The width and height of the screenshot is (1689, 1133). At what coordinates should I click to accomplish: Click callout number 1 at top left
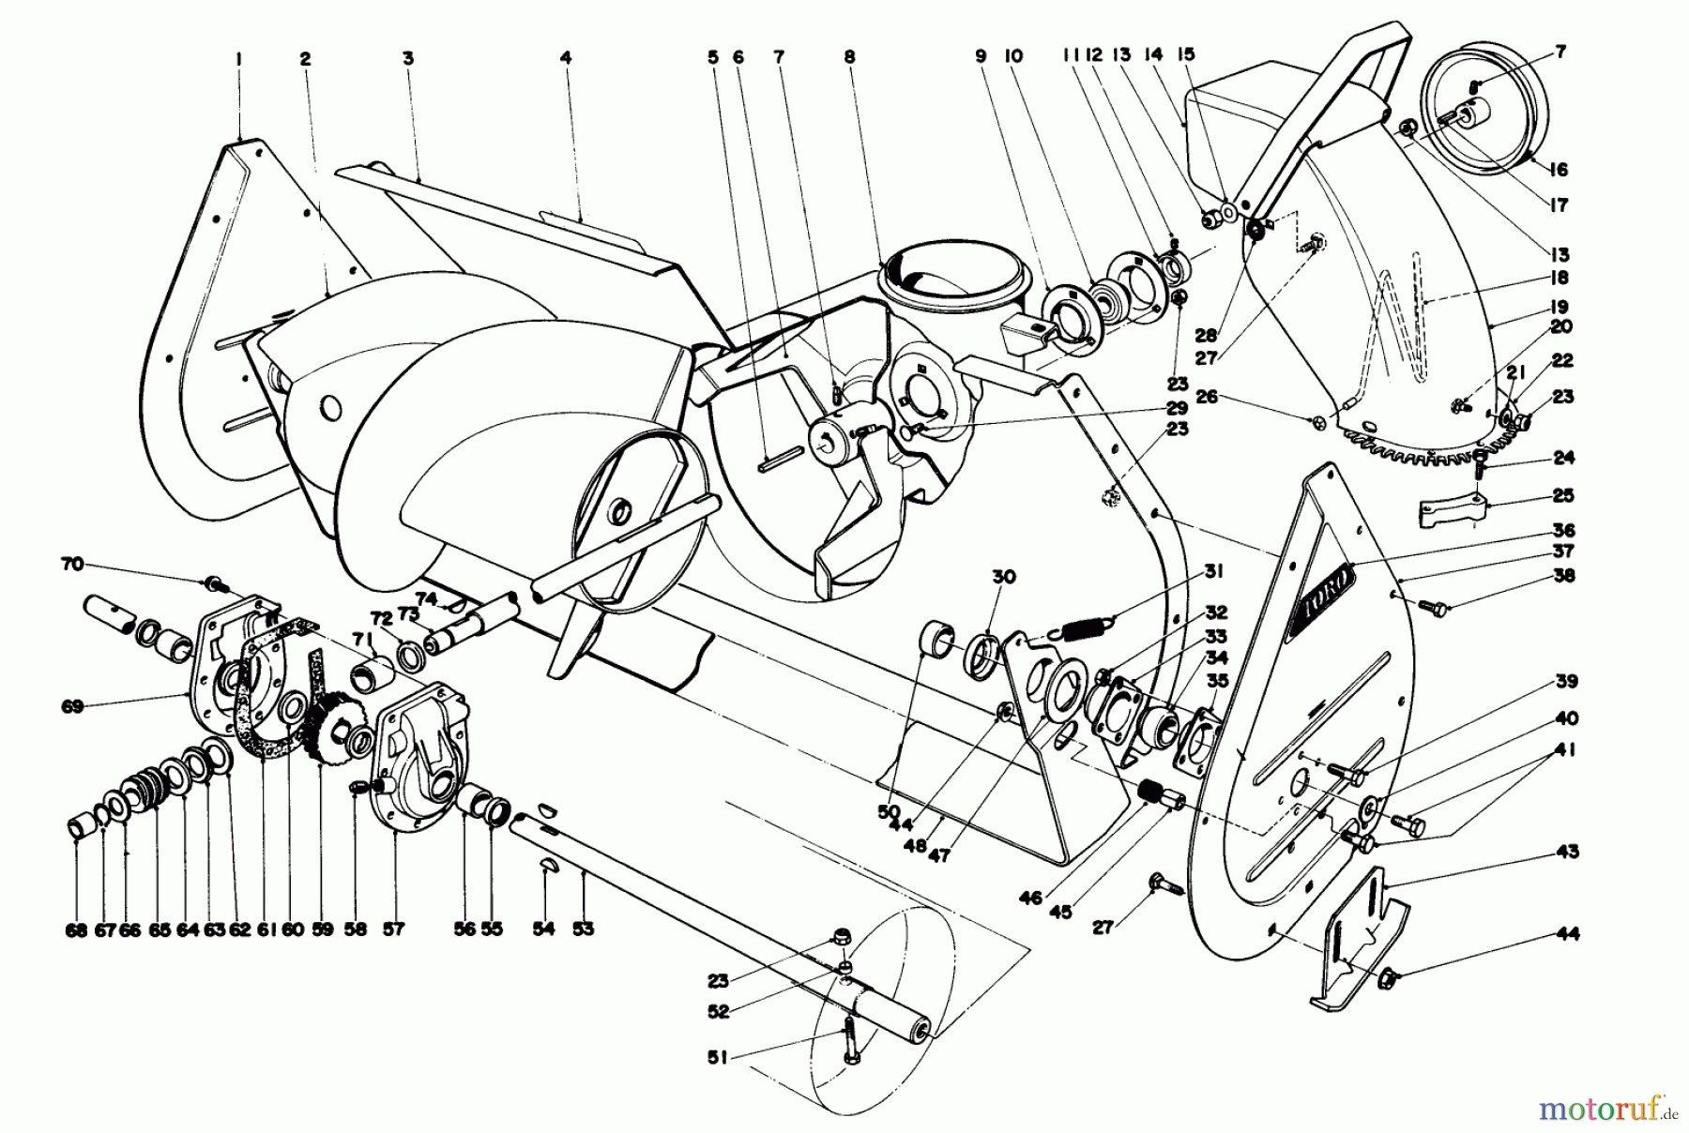click(x=239, y=58)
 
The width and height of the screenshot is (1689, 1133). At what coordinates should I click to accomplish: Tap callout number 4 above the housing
click(x=565, y=58)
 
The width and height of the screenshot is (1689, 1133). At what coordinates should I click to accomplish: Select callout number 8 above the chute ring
click(x=849, y=58)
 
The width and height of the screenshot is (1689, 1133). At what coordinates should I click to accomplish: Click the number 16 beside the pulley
click(x=1559, y=170)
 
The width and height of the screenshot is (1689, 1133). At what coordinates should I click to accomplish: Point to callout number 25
click(x=1563, y=495)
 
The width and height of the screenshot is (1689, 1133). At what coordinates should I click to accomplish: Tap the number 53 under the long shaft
click(x=584, y=929)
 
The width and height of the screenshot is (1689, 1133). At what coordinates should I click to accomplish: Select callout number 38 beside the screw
click(x=1563, y=575)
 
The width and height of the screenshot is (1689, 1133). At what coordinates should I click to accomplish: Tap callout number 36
click(x=1563, y=530)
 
